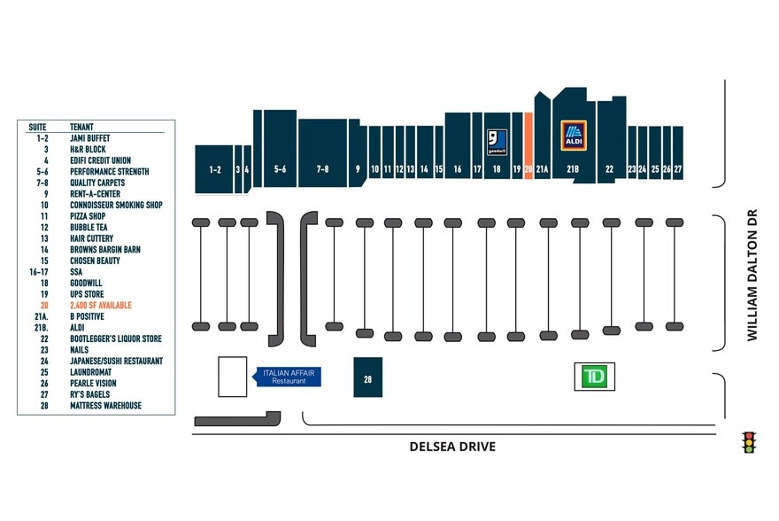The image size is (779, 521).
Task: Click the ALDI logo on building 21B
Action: pyautogui.click(x=574, y=136)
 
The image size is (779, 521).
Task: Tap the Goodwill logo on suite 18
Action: pyautogui.click(x=497, y=142)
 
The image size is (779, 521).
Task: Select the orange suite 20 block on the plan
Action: pyautogui.click(x=528, y=145)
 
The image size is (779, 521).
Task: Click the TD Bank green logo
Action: pyautogui.click(x=594, y=377)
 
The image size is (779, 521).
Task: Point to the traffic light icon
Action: pyautogui.click(x=749, y=442)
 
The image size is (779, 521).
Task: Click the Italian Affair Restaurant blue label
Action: pyautogui.click(x=287, y=377)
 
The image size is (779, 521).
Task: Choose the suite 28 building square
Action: pyautogui.click(x=367, y=377)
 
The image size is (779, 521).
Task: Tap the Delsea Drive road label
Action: pyautogui.click(x=452, y=447)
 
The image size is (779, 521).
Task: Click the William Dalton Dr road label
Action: pyautogui.click(x=752, y=275)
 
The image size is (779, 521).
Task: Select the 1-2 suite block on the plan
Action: pyautogui.click(x=214, y=169)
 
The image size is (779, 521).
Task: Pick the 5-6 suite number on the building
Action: pyautogui.click(x=281, y=169)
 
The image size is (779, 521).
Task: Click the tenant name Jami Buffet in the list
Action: pyautogui.click(x=90, y=138)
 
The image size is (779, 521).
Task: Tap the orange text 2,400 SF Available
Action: pyautogui.click(x=101, y=305)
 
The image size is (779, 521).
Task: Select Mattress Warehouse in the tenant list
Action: pyautogui.click(x=106, y=406)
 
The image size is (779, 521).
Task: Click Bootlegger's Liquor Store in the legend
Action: pyautogui.click(x=116, y=338)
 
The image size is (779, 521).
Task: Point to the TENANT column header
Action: pyautogui.click(x=81, y=127)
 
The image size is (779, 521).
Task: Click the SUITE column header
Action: pyautogui.click(x=37, y=127)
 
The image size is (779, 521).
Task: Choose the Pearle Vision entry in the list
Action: pyautogui.click(x=93, y=384)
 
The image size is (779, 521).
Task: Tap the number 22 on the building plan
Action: pyautogui.click(x=610, y=169)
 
